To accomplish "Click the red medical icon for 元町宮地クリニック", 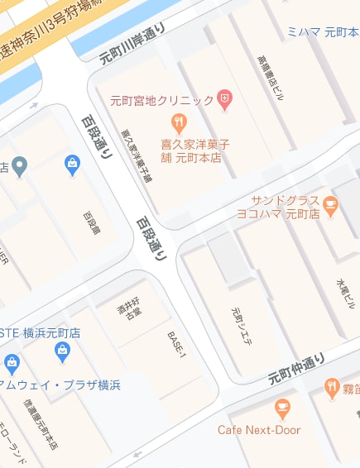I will coord(224,101).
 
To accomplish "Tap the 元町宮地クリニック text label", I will coord(162,101).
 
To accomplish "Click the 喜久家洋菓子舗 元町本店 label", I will coord(194,150).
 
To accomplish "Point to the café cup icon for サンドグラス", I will coord(331,204).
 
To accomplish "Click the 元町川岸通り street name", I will coord(132,44).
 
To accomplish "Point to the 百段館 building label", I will coord(90,224).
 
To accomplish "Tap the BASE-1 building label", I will coord(177,343).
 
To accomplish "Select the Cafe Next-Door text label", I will coord(259,430).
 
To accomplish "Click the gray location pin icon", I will coord(19,165).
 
